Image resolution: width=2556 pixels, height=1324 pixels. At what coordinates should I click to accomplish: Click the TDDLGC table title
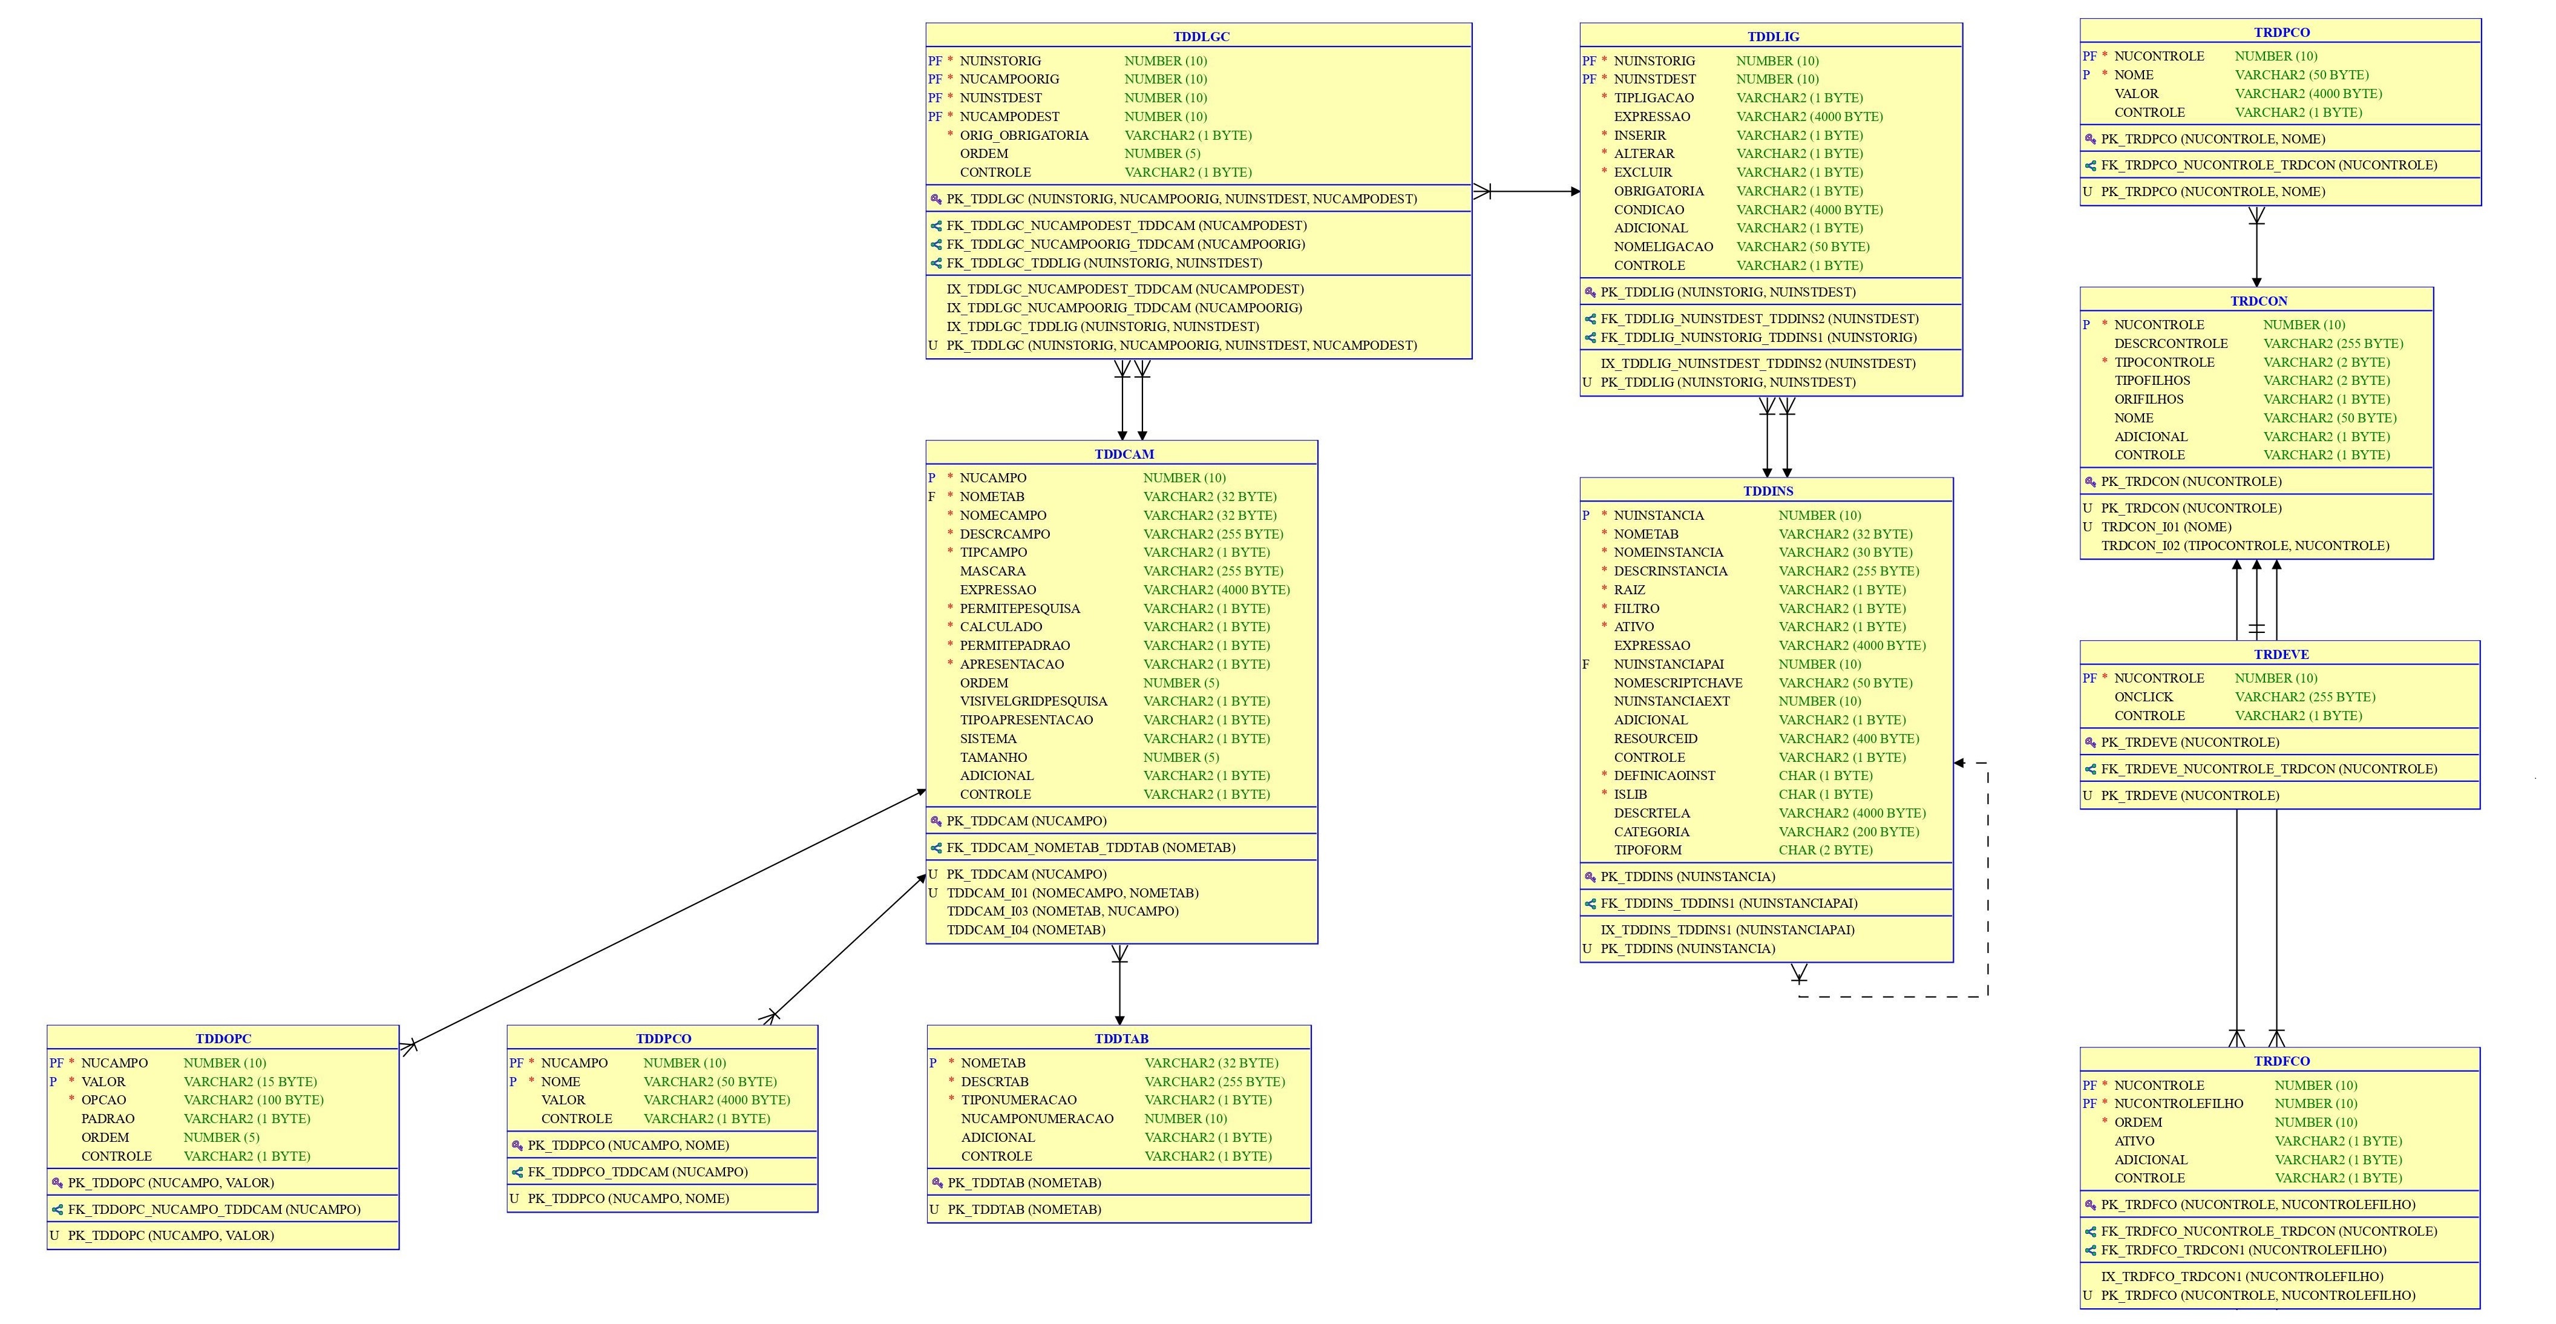1201,37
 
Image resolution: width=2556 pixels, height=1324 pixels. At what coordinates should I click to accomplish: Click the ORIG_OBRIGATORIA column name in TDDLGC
1023,135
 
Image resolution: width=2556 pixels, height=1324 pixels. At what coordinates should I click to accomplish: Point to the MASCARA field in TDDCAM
992,571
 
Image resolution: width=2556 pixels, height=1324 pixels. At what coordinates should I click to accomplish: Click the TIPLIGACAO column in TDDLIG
1654,97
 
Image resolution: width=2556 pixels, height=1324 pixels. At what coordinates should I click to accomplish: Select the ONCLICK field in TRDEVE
2143,696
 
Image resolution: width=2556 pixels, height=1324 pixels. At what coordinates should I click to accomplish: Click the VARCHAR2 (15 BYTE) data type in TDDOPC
250,1082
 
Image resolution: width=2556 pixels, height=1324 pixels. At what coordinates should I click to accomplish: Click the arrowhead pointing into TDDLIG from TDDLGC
1575,192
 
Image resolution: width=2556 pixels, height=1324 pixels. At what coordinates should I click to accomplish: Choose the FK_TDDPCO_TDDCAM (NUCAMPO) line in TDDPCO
637,1171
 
